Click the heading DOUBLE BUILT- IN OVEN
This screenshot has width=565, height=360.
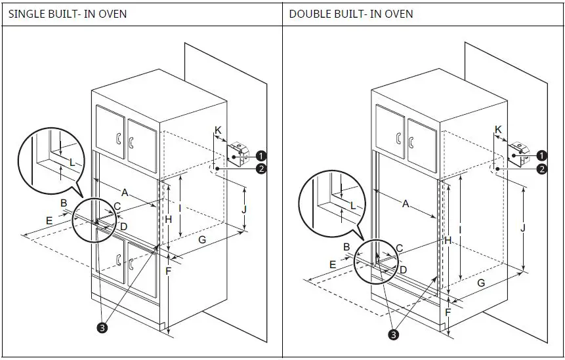pos(351,13)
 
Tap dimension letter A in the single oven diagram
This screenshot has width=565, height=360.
pos(124,192)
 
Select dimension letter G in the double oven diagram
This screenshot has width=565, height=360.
pos(481,283)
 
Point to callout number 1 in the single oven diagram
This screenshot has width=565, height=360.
pos(261,155)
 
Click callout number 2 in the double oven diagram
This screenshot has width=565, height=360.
pos(541,169)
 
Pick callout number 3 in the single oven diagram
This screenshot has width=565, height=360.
pos(102,327)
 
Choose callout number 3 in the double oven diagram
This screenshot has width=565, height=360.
pos(393,334)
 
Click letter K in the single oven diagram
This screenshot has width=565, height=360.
pos(218,130)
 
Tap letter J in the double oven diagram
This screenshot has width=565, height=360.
pos(522,228)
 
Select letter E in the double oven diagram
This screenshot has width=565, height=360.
pos(333,264)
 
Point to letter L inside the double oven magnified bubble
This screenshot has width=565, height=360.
pos(352,205)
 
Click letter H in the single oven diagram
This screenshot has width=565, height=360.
pos(168,219)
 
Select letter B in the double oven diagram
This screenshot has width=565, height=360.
pos(346,247)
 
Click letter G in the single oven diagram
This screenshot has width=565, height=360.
pos(202,240)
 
